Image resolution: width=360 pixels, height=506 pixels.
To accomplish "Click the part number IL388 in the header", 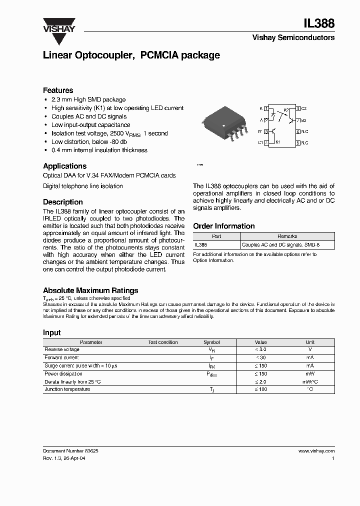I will [x=319, y=23].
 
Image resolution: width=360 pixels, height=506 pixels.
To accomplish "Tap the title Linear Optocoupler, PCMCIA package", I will [x=131, y=55].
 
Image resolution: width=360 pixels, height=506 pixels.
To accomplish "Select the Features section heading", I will [x=58, y=90].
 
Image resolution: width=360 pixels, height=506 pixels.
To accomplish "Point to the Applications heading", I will [x=64, y=166].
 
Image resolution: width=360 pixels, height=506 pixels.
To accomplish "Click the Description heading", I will [x=63, y=202].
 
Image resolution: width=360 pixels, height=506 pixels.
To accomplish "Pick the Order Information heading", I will [x=223, y=226].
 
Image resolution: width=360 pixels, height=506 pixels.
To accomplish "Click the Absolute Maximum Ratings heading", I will [x=90, y=290].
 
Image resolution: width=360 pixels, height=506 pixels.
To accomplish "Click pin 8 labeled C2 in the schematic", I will [x=298, y=108].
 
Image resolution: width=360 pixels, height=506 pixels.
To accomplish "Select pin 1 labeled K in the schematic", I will [x=266, y=108].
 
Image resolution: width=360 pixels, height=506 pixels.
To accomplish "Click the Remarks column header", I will [x=287, y=236].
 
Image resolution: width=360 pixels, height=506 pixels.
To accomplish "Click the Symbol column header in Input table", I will [x=211, y=342].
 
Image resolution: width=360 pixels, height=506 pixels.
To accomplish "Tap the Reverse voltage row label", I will [x=62, y=349].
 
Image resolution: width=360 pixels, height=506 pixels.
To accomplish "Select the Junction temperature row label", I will [x=67, y=389].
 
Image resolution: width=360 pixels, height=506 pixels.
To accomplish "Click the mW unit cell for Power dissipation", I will [x=310, y=373].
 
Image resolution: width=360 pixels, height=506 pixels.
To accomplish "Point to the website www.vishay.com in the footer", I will [x=316, y=450].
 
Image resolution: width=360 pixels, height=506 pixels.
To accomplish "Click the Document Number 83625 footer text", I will [x=70, y=450].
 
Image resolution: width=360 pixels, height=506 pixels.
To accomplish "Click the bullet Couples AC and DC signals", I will [x=89, y=116].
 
